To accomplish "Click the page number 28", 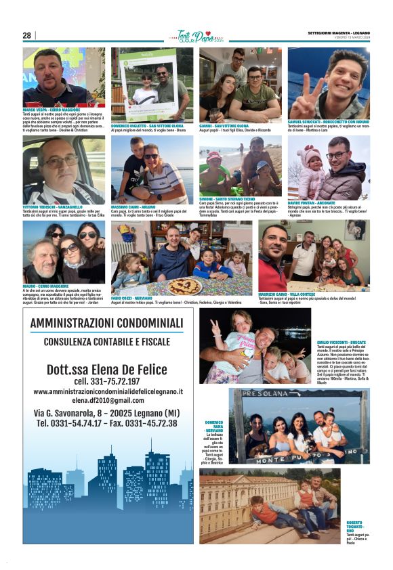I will pos(27,35).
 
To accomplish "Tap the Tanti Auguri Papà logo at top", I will pos(195,36).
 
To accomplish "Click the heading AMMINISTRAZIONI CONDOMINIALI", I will pos(107,324).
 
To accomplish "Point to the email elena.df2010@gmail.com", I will pos(107,400).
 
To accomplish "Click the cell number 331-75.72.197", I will pos(107,380).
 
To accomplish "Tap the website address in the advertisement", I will pos(107,391).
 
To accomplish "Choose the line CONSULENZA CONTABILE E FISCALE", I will pos(107,342).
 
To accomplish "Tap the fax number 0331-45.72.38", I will pos(145,423).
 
